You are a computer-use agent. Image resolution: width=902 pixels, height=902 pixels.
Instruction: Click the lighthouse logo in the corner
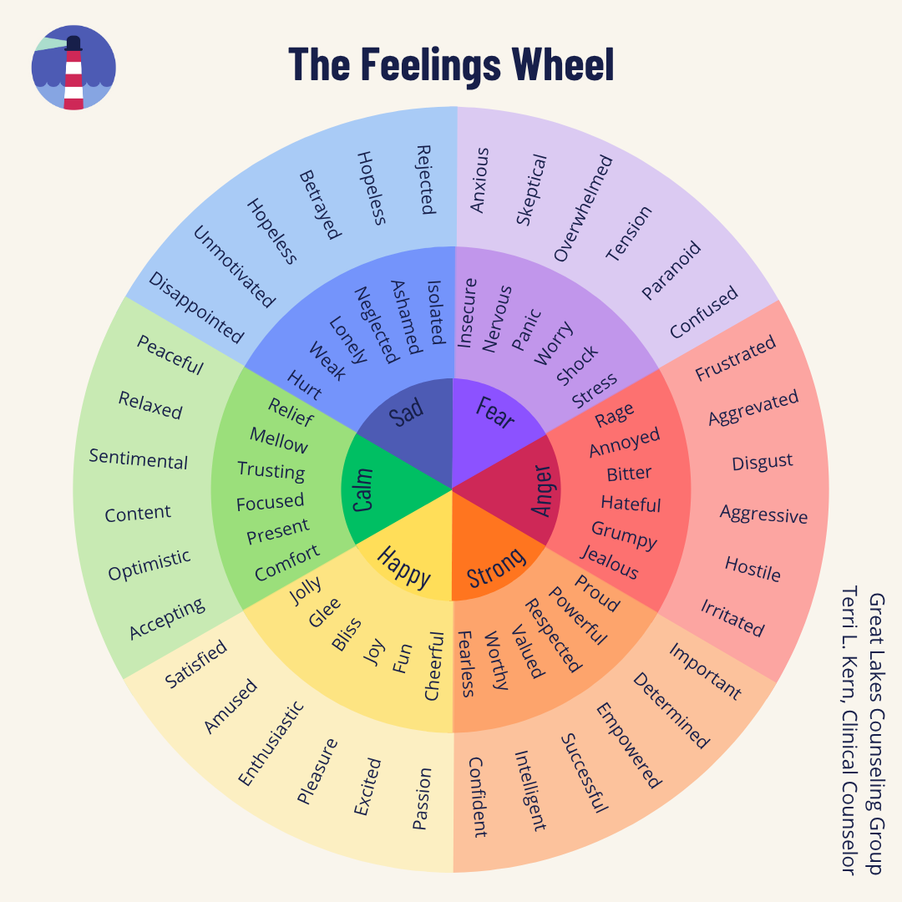tap(73, 68)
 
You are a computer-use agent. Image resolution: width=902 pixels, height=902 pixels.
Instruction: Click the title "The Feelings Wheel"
tap(451, 64)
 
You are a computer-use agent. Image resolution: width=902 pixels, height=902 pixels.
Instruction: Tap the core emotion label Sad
tap(408, 412)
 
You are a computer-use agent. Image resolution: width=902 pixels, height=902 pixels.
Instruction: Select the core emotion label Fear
tap(495, 412)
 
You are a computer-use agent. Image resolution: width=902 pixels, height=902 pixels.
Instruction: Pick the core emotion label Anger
tap(542, 489)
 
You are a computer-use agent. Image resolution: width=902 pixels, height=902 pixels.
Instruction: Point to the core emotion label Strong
tap(495, 566)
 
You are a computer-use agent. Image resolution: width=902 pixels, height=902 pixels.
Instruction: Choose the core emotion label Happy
tap(403, 566)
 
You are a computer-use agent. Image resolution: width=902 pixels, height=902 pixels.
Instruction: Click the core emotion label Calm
tap(362, 489)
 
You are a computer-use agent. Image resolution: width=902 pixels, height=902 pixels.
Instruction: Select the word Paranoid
tap(671, 270)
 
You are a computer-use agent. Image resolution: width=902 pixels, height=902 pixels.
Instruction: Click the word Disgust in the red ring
tap(762, 462)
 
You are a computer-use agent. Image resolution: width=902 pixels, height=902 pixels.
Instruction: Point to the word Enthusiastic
tap(271, 743)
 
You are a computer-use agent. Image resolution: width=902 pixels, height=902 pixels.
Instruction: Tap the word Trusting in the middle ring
tap(271, 470)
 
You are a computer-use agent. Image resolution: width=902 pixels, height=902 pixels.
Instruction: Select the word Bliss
tap(346, 634)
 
